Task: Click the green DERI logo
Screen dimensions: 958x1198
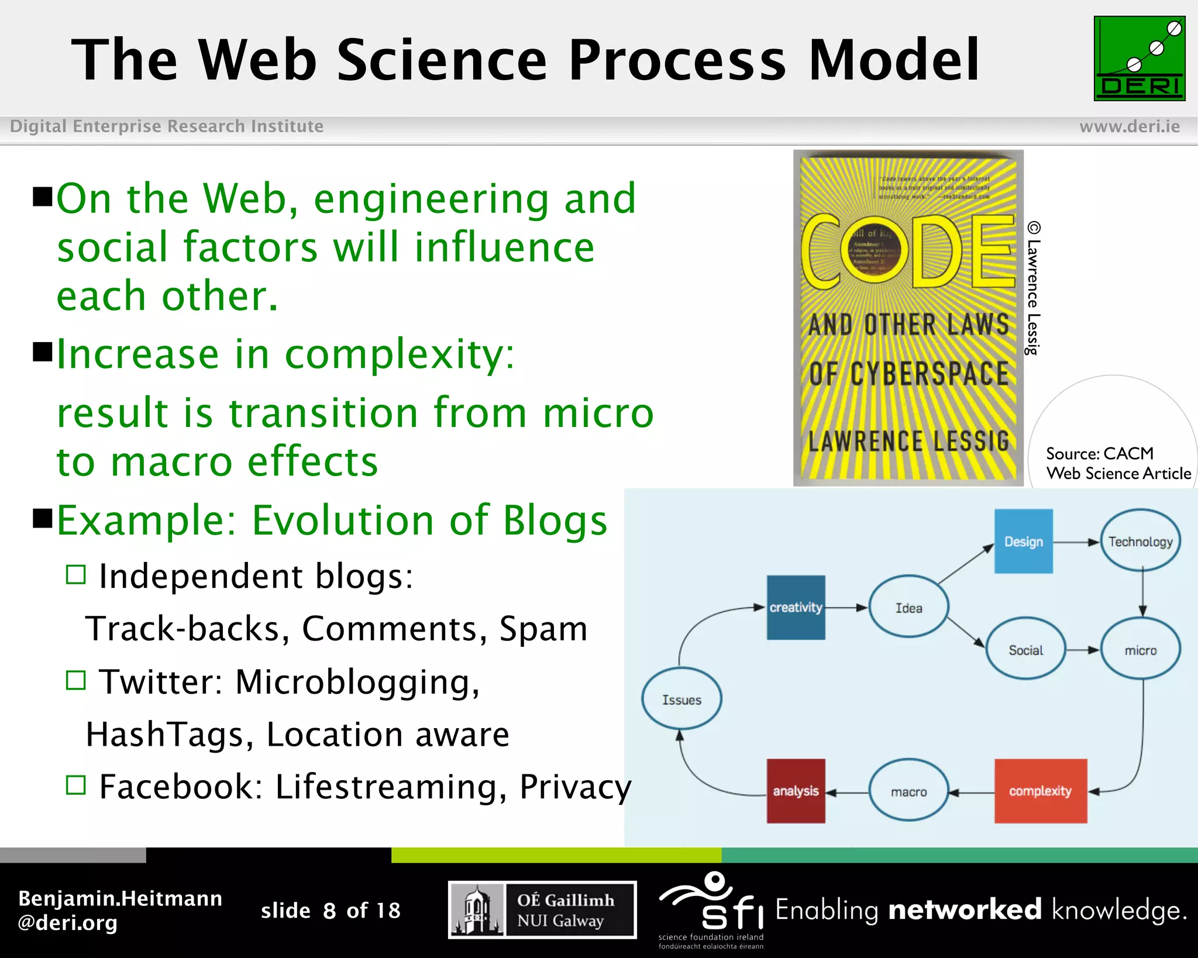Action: click(1139, 58)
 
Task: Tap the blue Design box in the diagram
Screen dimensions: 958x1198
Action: click(1023, 541)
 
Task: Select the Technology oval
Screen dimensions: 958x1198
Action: click(1140, 541)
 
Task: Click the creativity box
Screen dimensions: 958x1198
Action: click(796, 607)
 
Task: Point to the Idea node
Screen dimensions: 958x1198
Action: click(908, 608)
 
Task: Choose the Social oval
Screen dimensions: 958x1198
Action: click(1025, 650)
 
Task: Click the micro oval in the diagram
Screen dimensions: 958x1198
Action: click(1140, 650)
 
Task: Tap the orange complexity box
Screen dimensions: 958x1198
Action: click(1040, 791)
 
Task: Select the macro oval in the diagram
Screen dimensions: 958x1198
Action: click(908, 791)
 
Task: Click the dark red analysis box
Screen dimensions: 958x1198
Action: click(796, 791)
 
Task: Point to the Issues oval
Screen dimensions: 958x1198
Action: click(681, 699)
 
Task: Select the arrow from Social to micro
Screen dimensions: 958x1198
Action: click(1082, 650)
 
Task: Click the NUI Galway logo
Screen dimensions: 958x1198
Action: click(542, 909)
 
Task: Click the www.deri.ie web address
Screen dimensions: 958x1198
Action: click(1129, 126)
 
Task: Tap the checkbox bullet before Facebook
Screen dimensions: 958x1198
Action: click(76, 785)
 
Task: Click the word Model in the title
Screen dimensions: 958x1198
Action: click(893, 60)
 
